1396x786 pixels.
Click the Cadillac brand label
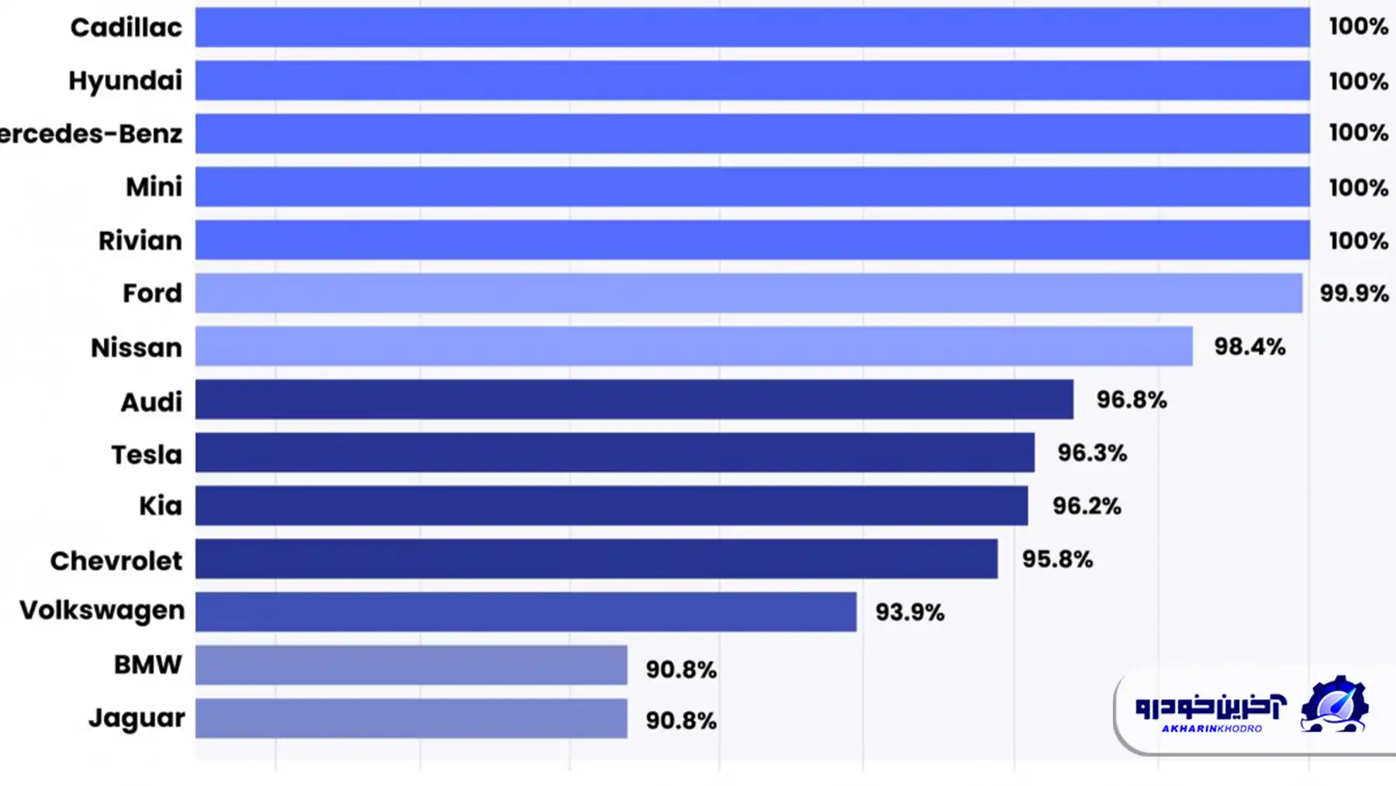[x=126, y=27]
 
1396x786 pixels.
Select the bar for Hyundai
[x=752, y=81]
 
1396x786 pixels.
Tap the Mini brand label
[x=154, y=187]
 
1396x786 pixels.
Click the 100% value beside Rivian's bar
[x=1358, y=241]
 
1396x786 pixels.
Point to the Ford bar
[x=748, y=293]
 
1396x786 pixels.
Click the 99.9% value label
[x=1353, y=293]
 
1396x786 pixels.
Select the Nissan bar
[x=693, y=346]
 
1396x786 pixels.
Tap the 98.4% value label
[x=1249, y=346]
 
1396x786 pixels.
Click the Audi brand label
[x=151, y=402]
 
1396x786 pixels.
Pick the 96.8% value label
[x=1132, y=400]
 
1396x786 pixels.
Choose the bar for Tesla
[x=614, y=452]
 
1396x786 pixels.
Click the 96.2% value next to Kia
[x=1087, y=506]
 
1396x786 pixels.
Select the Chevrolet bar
[x=596, y=559]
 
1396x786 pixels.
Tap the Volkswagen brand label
[x=102, y=611]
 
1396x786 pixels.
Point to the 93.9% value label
[x=910, y=612]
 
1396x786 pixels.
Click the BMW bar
[x=411, y=665]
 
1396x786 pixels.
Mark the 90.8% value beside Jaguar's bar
[x=681, y=721]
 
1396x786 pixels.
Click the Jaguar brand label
[x=136, y=718]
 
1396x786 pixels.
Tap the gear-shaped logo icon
[x=1334, y=705]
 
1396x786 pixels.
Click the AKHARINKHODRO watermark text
[x=1211, y=729]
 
